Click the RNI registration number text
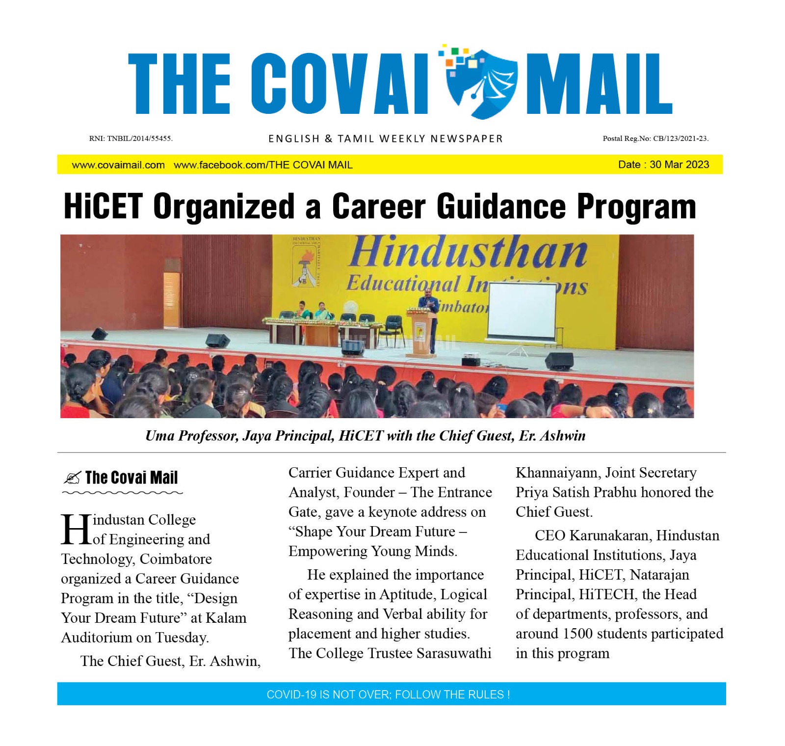click(x=131, y=138)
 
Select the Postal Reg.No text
click(x=655, y=138)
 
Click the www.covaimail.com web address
click(x=118, y=165)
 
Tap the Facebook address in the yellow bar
click(x=263, y=165)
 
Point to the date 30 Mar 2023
click(x=679, y=164)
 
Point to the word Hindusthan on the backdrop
click(x=469, y=253)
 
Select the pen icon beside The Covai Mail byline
click(x=72, y=478)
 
